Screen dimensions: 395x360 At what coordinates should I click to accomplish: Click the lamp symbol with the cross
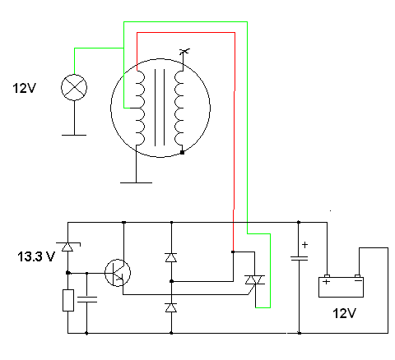(74, 87)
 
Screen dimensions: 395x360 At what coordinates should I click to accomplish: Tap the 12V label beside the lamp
(24, 88)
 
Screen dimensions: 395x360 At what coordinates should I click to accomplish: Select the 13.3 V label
(36, 256)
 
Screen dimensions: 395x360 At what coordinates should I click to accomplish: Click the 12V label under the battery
(344, 313)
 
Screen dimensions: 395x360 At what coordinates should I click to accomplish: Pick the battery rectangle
(341, 287)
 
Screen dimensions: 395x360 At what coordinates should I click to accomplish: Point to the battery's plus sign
(326, 282)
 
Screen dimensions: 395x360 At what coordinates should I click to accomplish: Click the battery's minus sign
(358, 280)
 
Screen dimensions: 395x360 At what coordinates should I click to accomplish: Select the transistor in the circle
(118, 273)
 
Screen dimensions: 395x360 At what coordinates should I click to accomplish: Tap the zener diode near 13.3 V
(67, 247)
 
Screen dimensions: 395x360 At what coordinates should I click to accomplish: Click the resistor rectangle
(68, 300)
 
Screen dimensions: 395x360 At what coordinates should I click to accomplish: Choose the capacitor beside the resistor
(87, 299)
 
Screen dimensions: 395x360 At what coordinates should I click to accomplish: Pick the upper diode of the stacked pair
(171, 257)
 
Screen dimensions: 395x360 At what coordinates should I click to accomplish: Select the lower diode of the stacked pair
(171, 307)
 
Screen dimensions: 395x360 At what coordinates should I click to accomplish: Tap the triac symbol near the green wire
(255, 280)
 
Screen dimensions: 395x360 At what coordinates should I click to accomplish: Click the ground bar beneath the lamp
(74, 135)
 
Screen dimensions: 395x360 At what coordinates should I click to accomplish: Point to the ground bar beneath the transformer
(136, 182)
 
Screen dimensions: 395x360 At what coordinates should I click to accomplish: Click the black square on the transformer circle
(182, 152)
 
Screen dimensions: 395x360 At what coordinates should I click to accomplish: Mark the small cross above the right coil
(184, 51)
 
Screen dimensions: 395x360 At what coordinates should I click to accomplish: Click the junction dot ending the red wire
(233, 252)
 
